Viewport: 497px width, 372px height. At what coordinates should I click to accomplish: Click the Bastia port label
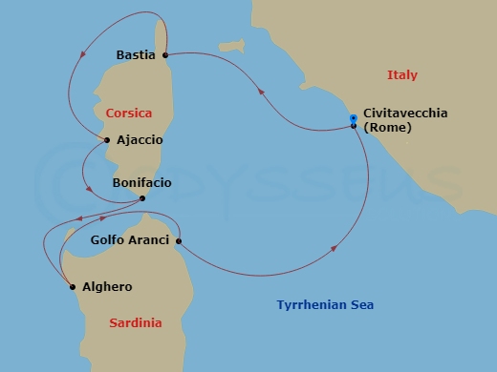coord(135,55)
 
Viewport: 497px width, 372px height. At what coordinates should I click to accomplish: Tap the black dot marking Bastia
coord(165,55)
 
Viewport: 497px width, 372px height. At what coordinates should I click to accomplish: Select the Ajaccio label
coord(140,140)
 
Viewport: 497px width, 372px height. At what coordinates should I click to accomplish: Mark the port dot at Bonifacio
coord(141,198)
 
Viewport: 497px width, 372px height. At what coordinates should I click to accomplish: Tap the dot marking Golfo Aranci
coord(179,240)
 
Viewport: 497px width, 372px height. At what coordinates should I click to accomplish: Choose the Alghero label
coord(108,286)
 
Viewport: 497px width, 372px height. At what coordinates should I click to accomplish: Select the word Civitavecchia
coord(405,113)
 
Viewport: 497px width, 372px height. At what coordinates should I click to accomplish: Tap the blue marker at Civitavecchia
coord(354,117)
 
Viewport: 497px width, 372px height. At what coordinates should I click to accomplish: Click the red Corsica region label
coord(129,113)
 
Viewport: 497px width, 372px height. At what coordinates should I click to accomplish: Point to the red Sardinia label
coord(135,323)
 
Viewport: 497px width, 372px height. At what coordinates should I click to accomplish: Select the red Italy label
coord(402,75)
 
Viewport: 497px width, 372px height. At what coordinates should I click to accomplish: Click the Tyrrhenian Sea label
coord(325,305)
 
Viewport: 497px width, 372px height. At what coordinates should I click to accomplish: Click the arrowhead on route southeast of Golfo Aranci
coord(335,249)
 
